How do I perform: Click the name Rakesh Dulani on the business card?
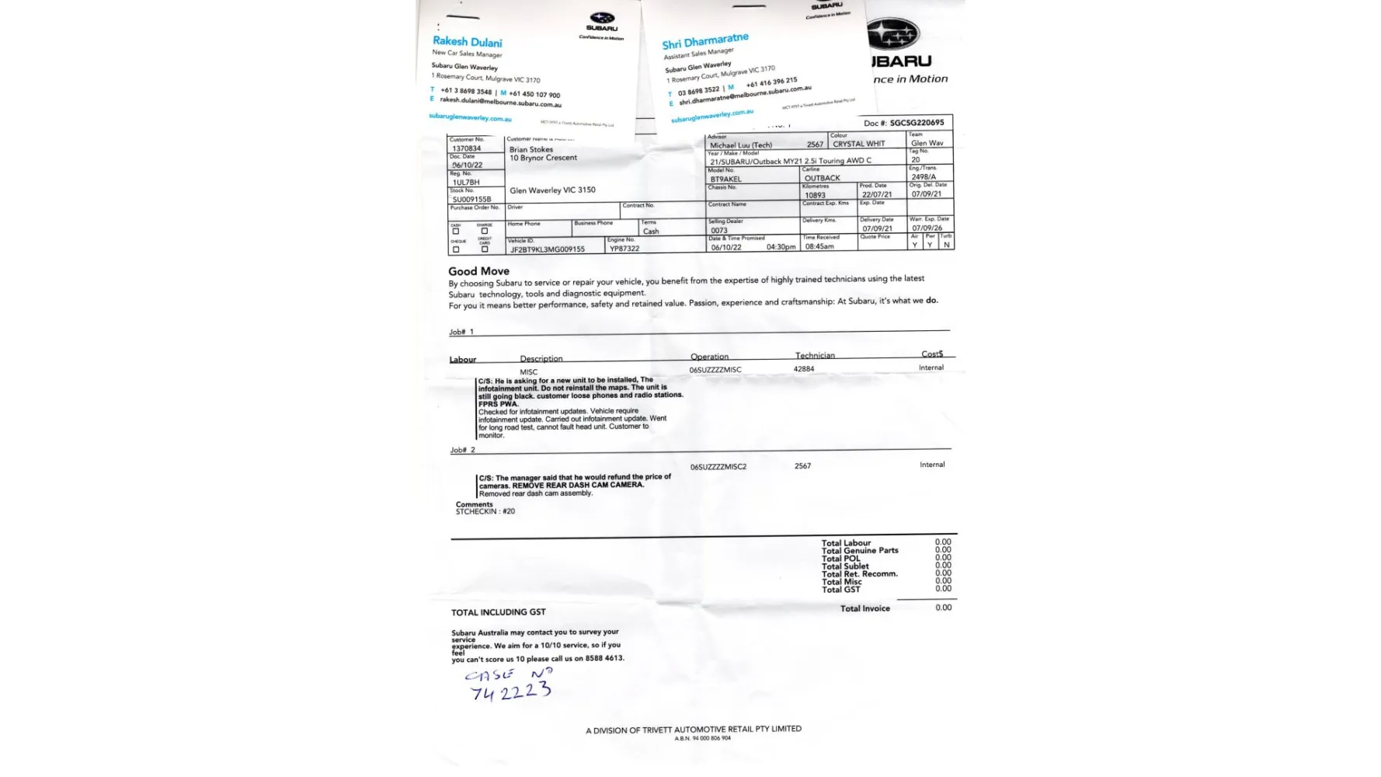(x=467, y=42)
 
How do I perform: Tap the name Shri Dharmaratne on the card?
(x=704, y=40)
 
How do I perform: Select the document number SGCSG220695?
(x=917, y=123)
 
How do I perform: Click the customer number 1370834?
(x=466, y=148)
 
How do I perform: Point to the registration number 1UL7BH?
(x=466, y=183)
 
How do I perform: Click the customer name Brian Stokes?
(x=531, y=149)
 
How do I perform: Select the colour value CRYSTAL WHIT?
(x=858, y=144)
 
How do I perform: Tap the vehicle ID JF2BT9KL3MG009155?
(x=547, y=249)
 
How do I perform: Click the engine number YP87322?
(x=624, y=249)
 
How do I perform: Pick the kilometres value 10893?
(x=815, y=195)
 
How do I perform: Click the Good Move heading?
(x=478, y=271)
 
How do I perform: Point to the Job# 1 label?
(x=461, y=332)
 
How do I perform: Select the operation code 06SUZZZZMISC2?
(x=718, y=467)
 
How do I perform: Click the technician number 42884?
(x=804, y=369)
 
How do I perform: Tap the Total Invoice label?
(x=864, y=608)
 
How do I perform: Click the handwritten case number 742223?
(x=510, y=691)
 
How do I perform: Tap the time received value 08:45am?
(x=819, y=246)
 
